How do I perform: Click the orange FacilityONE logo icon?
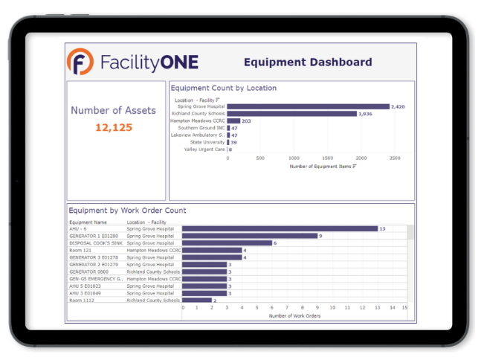click(80, 62)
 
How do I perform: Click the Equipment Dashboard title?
click(308, 62)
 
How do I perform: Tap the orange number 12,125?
click(114, 128)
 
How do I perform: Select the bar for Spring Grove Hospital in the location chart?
click(308, 106)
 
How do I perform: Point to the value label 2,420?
click(398, 106)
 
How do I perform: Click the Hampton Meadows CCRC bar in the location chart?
click(233, 120)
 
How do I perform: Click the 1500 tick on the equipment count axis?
click(328, 158)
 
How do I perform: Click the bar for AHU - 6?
click(280, 229)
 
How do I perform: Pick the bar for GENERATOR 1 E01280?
click(250, 236)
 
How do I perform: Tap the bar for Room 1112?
click(197, 300)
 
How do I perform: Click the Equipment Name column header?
click(88, 222)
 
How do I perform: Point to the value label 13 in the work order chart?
click(382, 229)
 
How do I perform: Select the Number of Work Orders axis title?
click(295, 316)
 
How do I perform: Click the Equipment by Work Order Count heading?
click(127, 210)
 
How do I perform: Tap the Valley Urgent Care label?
click(204, 150)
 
